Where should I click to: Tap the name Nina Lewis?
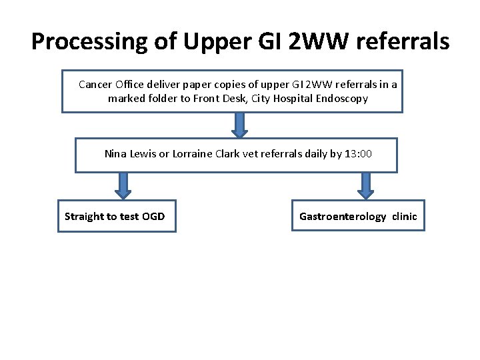pyautogui.click(x=130, y=154)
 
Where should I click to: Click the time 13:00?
pyautogui.click(x=358, y=154)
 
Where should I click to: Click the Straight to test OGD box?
pyautogui.click(x=117, y=216)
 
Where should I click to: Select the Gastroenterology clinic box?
pyautogui.click(x=358, y=216)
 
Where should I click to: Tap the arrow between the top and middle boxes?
pyautogui.click(x=240, y=125)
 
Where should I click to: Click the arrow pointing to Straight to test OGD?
pyautogui.click(x=123, y=186)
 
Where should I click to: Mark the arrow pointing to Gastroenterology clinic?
pyautogui.click(x=365, y=186)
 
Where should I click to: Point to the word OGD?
pyautogui.click(x=153, y=216)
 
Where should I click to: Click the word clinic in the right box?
pyautogui.click(x=404, y=216)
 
